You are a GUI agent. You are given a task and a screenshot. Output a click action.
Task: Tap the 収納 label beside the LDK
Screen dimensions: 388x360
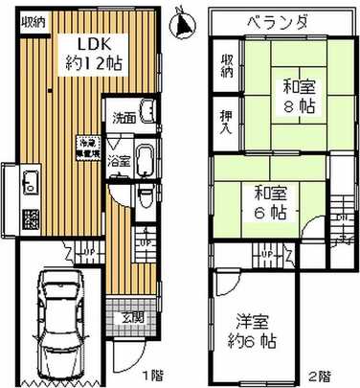click(32, 22)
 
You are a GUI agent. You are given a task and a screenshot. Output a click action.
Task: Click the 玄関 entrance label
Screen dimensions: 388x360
click(131, 316)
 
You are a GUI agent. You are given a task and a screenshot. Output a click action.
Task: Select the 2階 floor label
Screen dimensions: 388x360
click(321, 376)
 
